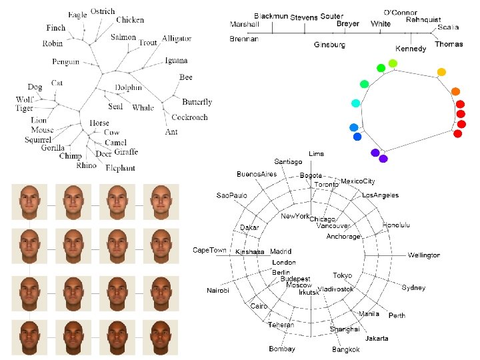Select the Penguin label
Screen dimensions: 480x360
pyautogui.click(x=66, y=62)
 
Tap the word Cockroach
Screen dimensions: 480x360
pyautogui.click(x=189, y=117)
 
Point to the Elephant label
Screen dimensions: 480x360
pyautogui.click(x=120, y=168)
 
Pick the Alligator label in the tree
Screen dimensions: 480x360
pyautogui.click(x=177, y=39)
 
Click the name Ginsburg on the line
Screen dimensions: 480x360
pyautogui.click(x=329, y=45)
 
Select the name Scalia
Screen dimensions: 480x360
pyautogui.click(x=448, y=27)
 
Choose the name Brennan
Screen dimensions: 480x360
pyautogui.click(x=243, y=39)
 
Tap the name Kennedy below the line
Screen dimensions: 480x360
pyautogui.click(x=411, y=49)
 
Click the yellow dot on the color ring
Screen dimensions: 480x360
pyautogui.click(x=441, y=72)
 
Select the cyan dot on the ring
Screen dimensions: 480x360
pyautogui.click(x=355, y=103)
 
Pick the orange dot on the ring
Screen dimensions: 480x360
pyautogui.click(x=455, y=91)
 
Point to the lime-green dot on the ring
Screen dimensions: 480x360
pyautogui.click(x=393, y=63)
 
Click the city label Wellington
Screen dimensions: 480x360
pyautogui.click(x=424, y=255)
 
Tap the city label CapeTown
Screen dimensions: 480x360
pyautogui.click(x=209, y=250)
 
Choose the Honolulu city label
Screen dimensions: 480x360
pyautogui.click(x=396, y=225)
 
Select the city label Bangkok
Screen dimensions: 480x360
pyautogui.click(x=346, y=349)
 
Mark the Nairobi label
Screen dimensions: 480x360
pyautogui.click(x=218, y=291)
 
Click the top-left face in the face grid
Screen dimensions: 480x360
pyautogui.click(x=29, y=202)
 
